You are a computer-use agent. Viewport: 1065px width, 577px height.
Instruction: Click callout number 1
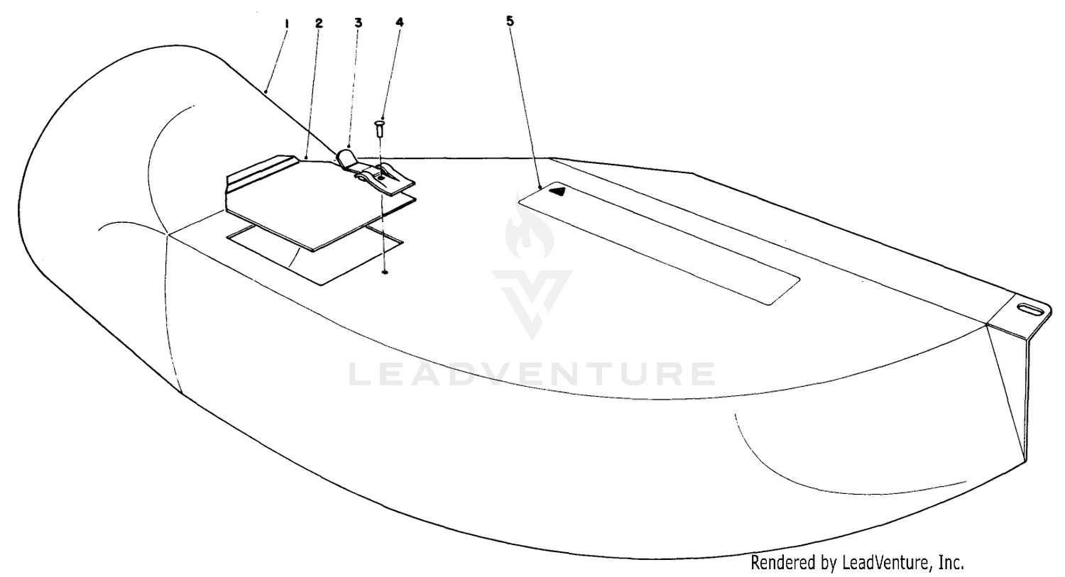(286, 23)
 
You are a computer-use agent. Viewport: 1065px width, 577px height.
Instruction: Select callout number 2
(319, 23)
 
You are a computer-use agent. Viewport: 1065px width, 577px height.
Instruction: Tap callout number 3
(358, 23)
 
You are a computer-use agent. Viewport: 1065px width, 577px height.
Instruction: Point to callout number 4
(399, 22)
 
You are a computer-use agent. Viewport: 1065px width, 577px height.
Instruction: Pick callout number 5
(510, 21)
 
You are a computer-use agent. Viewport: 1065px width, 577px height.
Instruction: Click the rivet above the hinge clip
(379, 128)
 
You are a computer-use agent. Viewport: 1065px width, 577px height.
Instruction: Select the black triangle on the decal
(557, 192)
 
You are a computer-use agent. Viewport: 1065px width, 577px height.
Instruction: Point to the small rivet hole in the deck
(385, 273)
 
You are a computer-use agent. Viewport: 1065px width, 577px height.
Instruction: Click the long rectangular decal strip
(659, 243)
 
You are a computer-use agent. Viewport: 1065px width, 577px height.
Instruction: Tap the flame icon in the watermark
(530, 232)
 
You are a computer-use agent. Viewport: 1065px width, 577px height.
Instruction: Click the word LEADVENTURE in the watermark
(532, 375)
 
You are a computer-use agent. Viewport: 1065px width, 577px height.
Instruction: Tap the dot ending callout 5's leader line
(540, 187)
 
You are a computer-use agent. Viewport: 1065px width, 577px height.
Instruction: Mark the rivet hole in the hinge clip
(381, 177)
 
